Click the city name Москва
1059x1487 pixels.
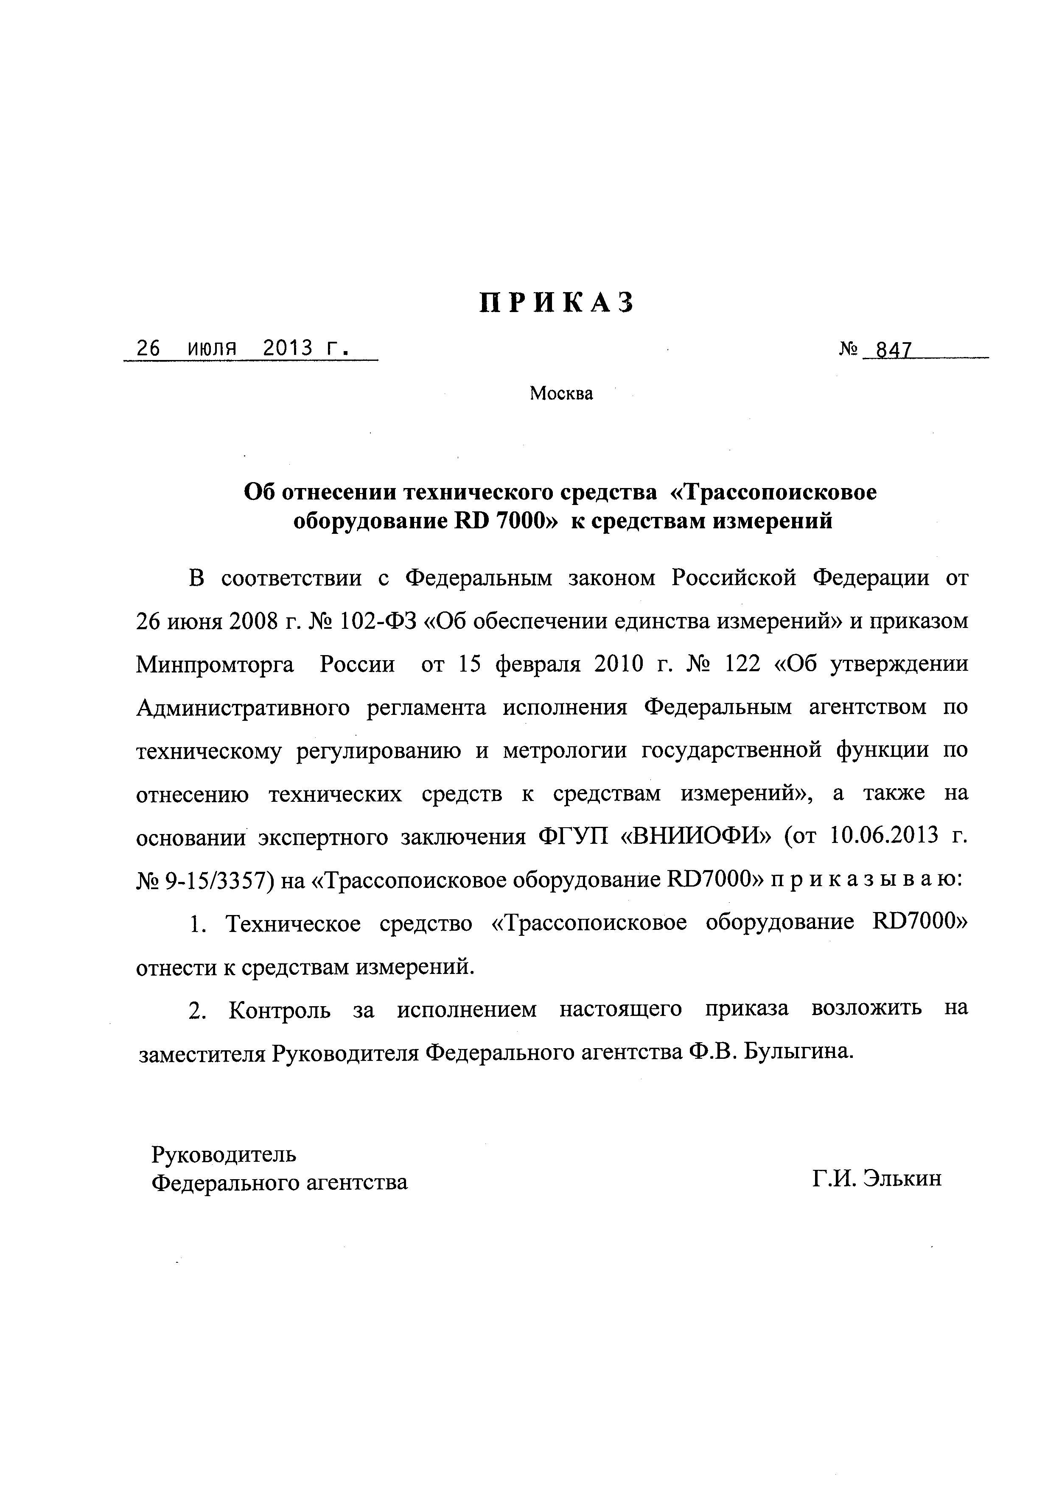(x=561, y=393)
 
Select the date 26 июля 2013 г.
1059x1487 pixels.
(x=242, y=349)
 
